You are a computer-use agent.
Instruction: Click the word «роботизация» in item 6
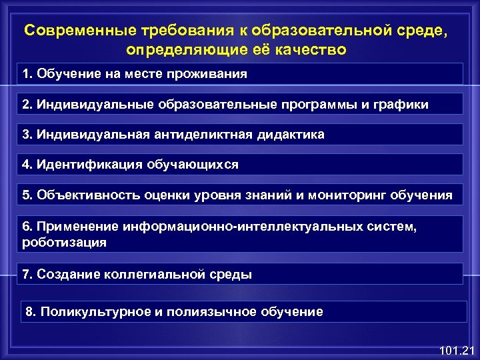tap(64, 243)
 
